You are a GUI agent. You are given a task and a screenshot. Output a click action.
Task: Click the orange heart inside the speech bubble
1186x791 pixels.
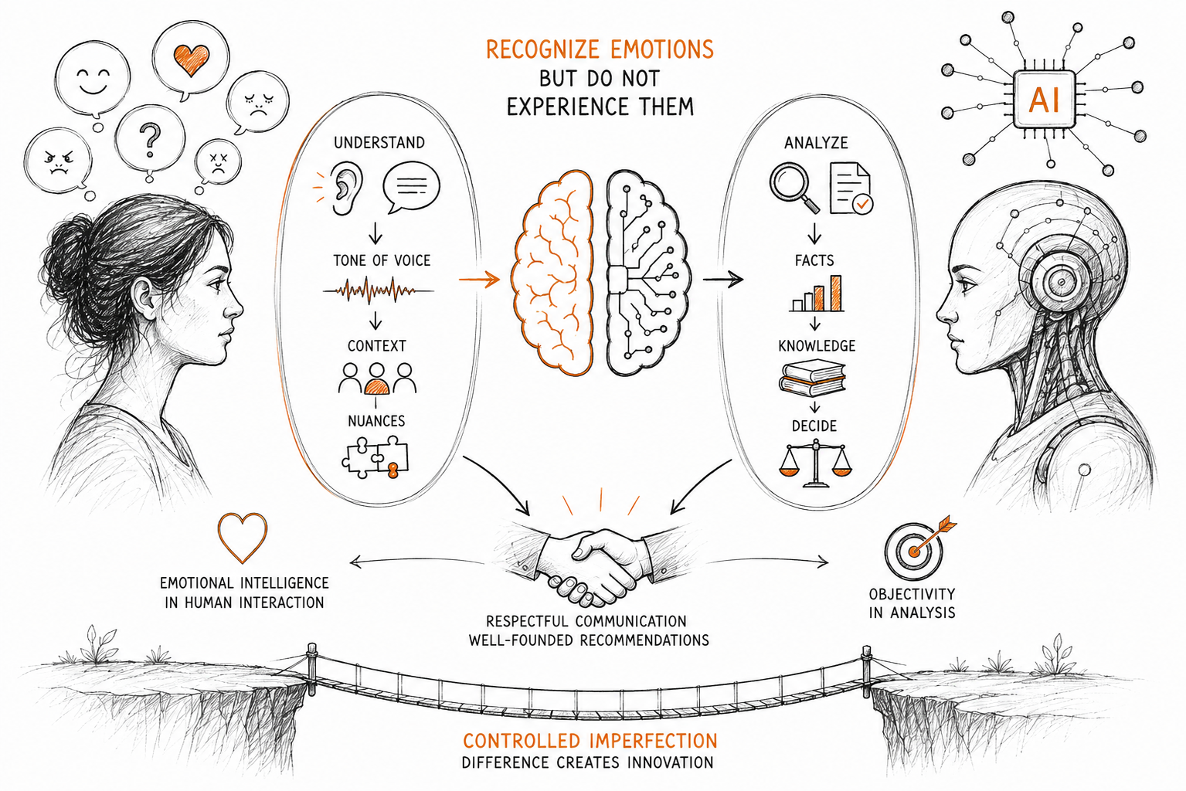pyautogui.click(x=192, y=59)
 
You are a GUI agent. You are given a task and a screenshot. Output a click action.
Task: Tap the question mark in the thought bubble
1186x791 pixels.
pyautogui.click(x=151, y=140)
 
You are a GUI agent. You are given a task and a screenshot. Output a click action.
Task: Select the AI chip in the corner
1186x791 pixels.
pyautogui.click(x=1044, y=100)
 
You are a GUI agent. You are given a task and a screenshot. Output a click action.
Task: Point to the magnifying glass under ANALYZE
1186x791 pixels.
pyautogui.click(x=794, y=188)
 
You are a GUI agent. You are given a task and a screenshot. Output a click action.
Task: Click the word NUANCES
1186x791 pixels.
pyautogui.click(x=376, y=421)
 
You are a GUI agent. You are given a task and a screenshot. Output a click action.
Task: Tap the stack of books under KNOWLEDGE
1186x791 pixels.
pyautogui.click(x=812, y=378)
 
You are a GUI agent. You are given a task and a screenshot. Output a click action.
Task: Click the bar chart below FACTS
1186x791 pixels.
pyautogui.click(x=816, y=293)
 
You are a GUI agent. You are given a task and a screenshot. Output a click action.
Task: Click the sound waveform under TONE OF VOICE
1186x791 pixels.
pyautogui.click(x=378, y=290)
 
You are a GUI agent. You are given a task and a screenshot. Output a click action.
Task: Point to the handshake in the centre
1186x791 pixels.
pyautogui.click(x=589, y=564)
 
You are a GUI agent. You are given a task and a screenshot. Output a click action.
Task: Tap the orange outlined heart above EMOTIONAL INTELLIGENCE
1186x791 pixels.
pyautogui.click(x=243, y=537)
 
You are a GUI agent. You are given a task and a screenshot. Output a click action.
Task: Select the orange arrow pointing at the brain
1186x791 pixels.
pyautogui.click(x=479, y=279)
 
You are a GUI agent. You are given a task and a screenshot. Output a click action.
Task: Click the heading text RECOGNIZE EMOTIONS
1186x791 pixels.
pyautogui.click(x=600, y=49)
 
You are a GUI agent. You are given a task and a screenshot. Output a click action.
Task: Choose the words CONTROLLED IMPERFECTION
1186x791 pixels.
pyautogui.click(x=590, y=740)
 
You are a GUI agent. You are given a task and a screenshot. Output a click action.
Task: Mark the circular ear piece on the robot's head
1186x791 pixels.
pyautogui.click(x=1061, y=281)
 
